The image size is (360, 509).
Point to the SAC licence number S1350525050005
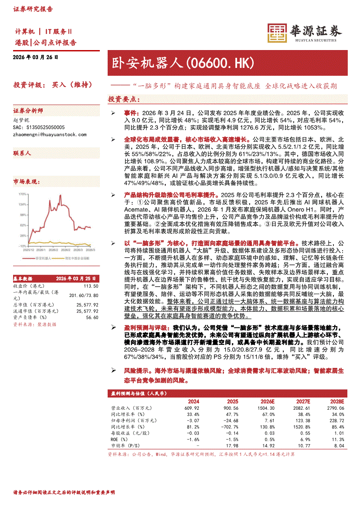tap(39, 127)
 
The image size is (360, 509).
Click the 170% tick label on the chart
tap(20, 194)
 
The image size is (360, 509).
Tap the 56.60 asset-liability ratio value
tap(93, 317)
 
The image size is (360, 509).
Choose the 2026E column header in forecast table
tap(268, 401)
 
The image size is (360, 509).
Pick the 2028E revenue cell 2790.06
tap(335, 408)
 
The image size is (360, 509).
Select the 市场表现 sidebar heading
tap(27, 182)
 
